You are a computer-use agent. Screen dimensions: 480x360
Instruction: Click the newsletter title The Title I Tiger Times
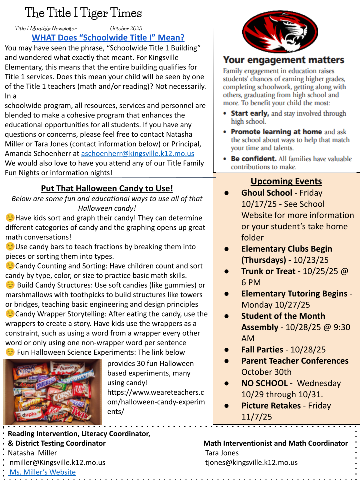click(83, 13)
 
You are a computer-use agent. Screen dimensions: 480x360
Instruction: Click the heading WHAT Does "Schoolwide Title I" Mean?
click(108, 37)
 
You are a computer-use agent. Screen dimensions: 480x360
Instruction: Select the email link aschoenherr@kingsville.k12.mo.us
click(138, 153)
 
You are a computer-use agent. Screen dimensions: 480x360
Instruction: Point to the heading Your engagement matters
click(283, 60)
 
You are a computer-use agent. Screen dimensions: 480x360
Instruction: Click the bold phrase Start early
click(250, 113)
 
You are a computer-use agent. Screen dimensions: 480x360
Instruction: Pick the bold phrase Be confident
click(253, 159)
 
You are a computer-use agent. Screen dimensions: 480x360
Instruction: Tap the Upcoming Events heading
click(286, 181)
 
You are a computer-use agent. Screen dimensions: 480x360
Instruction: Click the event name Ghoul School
click(267, 193)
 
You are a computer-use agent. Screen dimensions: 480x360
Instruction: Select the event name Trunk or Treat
click(270, 271)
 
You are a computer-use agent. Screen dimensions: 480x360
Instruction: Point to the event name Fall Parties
click(262, 350)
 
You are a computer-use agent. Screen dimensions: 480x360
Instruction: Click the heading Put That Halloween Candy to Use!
click(107, 188)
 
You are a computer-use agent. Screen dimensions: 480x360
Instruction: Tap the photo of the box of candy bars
click(53, 391)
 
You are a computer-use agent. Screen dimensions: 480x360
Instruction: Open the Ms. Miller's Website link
click(43, 472)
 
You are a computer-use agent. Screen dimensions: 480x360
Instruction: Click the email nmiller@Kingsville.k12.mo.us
click(57, 462)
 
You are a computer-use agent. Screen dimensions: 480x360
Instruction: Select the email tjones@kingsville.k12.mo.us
click(251, 462)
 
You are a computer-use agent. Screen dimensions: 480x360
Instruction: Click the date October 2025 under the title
click(126, 28)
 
